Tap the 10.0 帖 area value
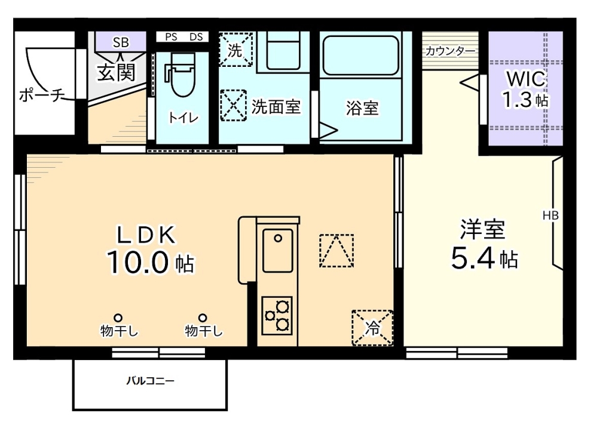[x=151, y=263]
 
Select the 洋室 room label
[x=483, y=229]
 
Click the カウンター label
[x=451, y=51]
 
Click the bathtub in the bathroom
[x=361, y=55]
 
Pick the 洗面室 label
[x=276, y=107]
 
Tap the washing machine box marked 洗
[x=235, y=50]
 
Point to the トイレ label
[x=182, y=117]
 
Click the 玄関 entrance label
[x=116, y=73]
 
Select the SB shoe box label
[x=121, y=42]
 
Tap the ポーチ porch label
[x=42, y=96]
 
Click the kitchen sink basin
[x=278, y=245]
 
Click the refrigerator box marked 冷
[x=372, y=327]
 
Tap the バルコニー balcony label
[x=150, y=381]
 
